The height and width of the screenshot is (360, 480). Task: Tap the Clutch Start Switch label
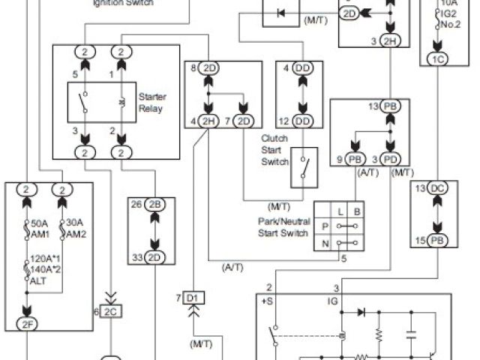tap(274, 149)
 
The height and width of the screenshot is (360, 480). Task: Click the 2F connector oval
tap(26, 324)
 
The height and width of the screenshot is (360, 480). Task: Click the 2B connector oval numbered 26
tap(156, 205)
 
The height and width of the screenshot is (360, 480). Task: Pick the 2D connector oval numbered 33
tap(156, 258)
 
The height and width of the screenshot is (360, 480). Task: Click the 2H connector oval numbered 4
tap(208, 121)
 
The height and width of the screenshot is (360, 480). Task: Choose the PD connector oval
tap(391, 159)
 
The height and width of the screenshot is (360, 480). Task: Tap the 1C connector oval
tap(438, 58)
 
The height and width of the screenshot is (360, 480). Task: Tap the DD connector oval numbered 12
tap(303, 121)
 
